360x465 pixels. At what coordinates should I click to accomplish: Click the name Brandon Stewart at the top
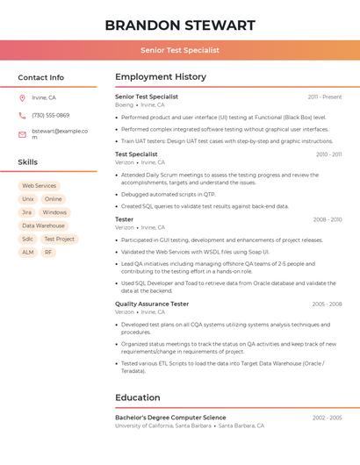click(x=180, y=25)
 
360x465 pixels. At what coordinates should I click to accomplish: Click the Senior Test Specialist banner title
click(x=180, y=51)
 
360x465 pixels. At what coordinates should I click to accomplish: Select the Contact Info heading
click(x=40, y=77)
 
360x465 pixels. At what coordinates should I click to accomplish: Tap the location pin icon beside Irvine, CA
click(x=22, y=97)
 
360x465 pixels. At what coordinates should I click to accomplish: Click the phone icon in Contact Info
click(x=22, y=115)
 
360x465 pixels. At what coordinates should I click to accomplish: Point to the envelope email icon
click(x=22, y=134)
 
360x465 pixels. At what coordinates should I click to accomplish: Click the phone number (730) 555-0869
click(x=50, y=115)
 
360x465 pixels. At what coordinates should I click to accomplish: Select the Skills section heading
click(x=28, y=162)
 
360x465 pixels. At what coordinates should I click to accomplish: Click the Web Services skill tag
click(x=39, y=186)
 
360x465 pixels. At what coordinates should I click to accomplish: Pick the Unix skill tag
click(x=28, y=199)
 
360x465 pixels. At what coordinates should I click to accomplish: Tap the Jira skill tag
click(x=26, y=212)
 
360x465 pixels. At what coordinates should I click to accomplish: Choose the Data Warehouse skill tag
click(x=43, y=225)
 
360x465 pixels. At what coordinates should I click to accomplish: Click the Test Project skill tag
click(x=59, y=239)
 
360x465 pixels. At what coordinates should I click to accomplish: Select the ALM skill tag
click(x=28, y=252)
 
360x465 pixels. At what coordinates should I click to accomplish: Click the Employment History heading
click(x=160, y=77)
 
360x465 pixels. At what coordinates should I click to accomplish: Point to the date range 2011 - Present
click(x=324, y=97)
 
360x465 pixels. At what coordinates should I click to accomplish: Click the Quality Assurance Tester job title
click(x=151, y=304)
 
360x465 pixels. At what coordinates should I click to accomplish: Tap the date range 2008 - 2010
click(x=327, y=219)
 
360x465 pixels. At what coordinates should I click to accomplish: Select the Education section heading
click(x=137, y=397)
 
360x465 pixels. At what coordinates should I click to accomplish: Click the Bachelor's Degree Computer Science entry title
click(x=170, y=418)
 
